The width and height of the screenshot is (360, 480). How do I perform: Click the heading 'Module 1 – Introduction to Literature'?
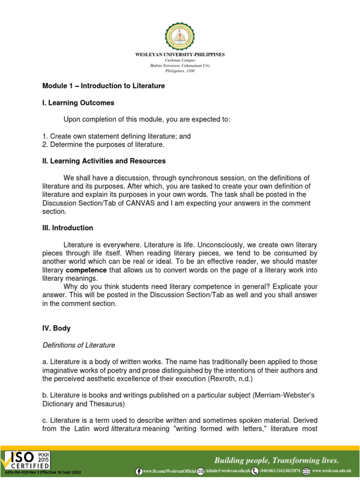tap(104, 86)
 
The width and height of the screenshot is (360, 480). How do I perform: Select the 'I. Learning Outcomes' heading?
tap(78, 103)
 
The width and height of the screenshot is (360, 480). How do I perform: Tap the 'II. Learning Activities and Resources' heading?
tap(104, 161)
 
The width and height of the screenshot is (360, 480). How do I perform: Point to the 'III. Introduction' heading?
tap(67, 228)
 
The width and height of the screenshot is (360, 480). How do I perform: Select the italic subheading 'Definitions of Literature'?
tap(78, 345)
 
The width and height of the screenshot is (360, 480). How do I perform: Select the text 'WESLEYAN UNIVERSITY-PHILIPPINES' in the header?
tap(180, 55)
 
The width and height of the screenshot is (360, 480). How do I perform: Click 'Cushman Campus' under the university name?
tap(180, 60)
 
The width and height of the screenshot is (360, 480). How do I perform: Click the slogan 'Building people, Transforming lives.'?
tap(277, 460)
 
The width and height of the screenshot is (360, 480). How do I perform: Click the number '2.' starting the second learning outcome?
tap(45, 145)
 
